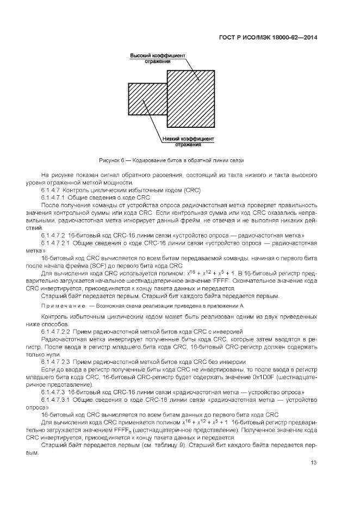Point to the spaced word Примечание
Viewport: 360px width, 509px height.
coord(63,306)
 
